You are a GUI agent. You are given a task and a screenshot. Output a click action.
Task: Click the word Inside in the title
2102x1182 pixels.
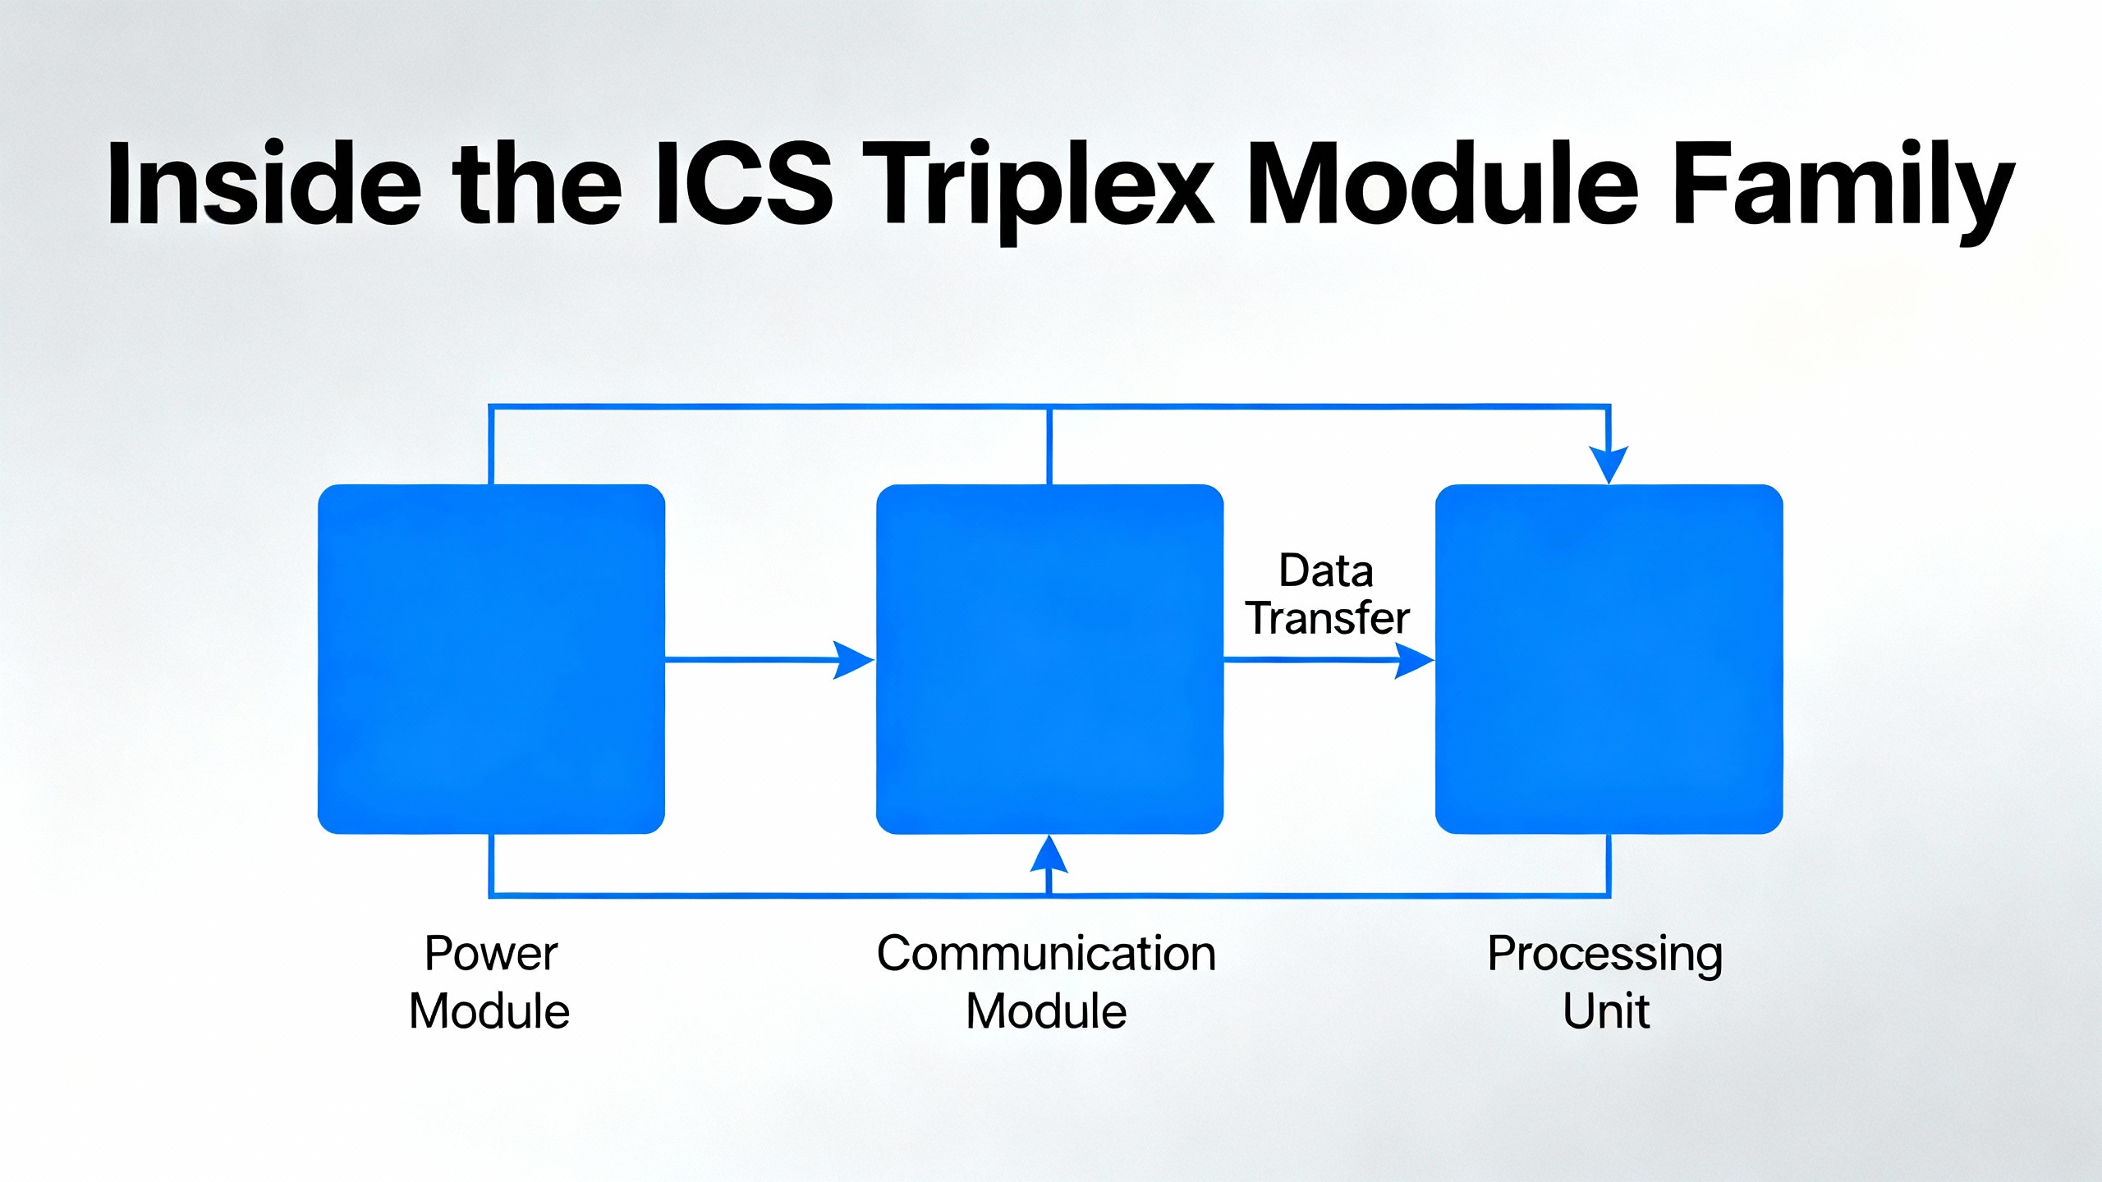[x=264, y=184]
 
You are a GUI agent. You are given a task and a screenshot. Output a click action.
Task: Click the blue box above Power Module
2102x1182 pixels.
[x=491, y=659]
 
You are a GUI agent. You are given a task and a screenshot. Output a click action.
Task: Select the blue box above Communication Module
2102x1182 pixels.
[x=1049, y=659]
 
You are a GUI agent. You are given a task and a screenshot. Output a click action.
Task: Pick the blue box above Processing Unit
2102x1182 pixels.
[x=1609, y=659]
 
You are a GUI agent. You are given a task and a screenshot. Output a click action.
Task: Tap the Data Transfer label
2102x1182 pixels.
[x=1327, y=594]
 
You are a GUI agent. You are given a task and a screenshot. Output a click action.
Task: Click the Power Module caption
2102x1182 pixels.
[x=490, y=982]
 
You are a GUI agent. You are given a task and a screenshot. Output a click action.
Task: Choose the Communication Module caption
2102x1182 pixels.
[x=1047, y=982]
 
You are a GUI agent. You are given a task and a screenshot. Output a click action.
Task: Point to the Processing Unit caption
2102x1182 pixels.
[x=1605, y=982]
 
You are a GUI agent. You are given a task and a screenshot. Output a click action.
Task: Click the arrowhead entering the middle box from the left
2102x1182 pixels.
[x=854, y=660]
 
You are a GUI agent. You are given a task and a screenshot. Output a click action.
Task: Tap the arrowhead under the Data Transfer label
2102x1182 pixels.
[x=1414, y=660]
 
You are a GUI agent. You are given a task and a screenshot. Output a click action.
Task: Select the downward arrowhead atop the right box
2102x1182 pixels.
[x=1609, y=465]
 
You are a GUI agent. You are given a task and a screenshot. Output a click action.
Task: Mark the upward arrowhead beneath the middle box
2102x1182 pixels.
[x=1049, y=854]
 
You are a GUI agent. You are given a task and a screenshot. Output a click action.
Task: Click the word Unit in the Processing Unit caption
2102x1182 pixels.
[x=1606, y=1011]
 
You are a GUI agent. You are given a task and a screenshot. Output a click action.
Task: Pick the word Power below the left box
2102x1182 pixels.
[x=491, y=954]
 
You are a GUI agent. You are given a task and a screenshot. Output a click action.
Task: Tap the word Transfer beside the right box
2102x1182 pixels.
[x=1328, y=618]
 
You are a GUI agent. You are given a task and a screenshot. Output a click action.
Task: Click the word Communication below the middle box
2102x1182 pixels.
[x=1047, y=954]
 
